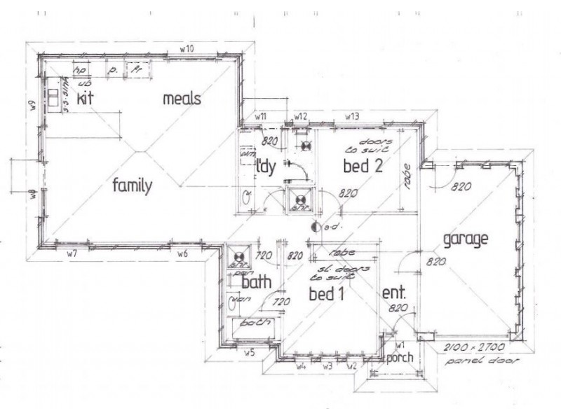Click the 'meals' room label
(182, 99)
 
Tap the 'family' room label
(133, 186)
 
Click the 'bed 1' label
(326, 294)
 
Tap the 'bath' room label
(257, 283)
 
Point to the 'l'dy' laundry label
(267, 167)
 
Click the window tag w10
(187, 48)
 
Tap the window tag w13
(352, 115)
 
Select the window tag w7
(72, 252)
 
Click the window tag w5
(248, 352)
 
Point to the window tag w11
(261, 115)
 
